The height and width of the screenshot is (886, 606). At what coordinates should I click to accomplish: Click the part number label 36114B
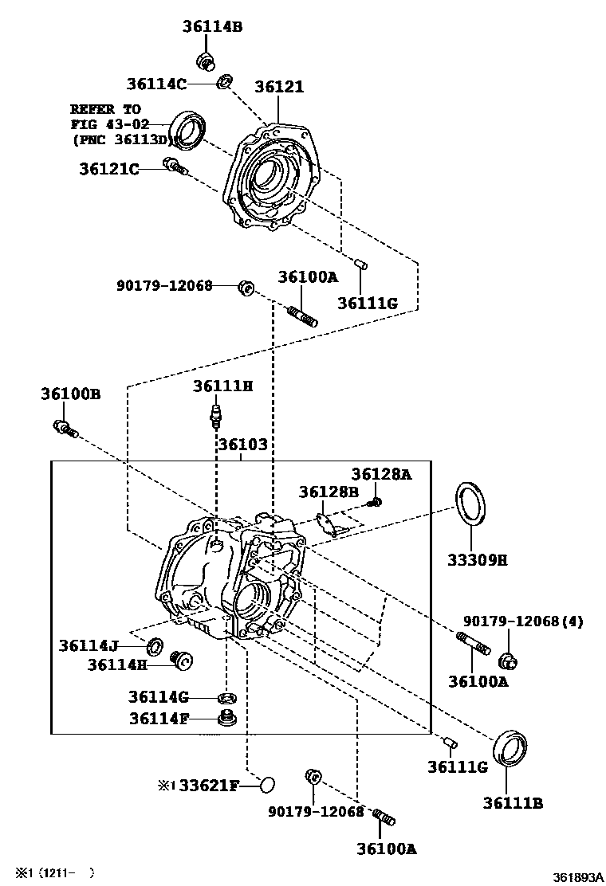click(x=212, y=26)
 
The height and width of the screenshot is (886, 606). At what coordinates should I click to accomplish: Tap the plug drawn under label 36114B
click(x=206, y=61)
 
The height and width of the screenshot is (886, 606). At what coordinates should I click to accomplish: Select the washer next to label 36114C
click(x=225, y=81)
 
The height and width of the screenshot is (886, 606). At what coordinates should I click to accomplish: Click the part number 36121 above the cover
click(x=279, y=87)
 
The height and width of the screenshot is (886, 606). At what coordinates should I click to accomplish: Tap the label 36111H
click(x=222, y=386)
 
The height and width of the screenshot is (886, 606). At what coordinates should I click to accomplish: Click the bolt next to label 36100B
click(x=65, y=429)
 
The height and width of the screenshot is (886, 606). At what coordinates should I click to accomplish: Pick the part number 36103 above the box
click(x=243, y=444)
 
